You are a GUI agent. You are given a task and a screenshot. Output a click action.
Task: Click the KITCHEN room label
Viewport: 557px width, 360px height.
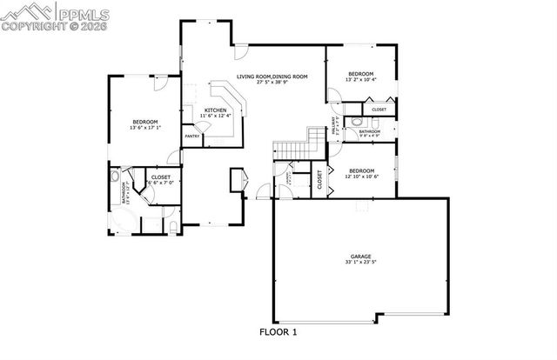tap(215, 110)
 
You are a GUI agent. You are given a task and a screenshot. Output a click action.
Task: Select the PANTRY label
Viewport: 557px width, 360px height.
tap(191, 136)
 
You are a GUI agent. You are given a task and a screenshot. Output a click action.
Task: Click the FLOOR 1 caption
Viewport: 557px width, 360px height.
tap(278, 332)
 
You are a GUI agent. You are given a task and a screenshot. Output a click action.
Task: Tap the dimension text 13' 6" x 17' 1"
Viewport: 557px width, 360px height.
tap(145, 128)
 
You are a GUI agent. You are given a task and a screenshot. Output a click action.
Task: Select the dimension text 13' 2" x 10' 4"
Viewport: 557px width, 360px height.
tap(360, 80)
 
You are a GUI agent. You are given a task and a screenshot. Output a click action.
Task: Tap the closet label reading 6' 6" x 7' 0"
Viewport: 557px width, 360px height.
tap(160, 183)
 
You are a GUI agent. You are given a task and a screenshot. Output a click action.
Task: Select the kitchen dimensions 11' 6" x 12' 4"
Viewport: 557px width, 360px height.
tap(215, 117)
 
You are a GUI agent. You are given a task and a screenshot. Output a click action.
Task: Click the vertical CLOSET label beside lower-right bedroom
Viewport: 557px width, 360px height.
tap(319, 181)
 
